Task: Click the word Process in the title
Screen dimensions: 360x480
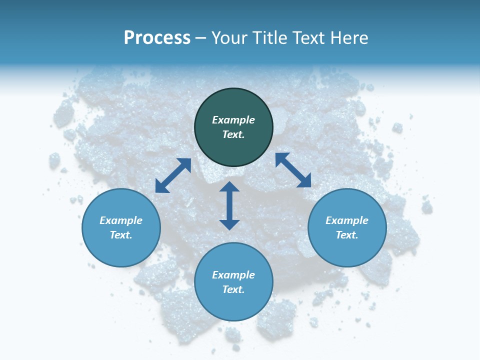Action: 157,38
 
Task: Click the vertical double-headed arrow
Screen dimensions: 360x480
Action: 229,205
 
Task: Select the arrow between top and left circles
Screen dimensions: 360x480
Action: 173,175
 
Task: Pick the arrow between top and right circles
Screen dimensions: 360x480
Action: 293,170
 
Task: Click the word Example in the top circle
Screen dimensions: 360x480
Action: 233,120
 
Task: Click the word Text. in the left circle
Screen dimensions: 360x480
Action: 121,235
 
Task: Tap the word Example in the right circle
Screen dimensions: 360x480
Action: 347,220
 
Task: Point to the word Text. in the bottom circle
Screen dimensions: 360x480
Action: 233,289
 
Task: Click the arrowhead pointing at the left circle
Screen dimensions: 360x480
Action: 161,187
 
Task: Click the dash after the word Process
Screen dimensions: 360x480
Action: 200,38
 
